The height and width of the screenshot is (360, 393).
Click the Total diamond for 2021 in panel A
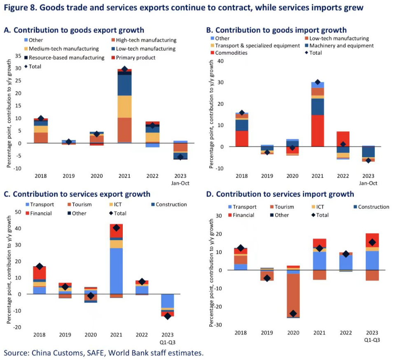124,69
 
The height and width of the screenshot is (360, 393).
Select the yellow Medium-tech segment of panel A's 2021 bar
124,106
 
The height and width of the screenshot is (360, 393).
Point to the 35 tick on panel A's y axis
18,56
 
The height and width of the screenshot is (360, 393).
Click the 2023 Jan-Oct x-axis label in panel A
180,179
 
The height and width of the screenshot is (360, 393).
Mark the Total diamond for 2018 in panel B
242,113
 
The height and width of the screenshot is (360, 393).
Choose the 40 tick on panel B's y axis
220,61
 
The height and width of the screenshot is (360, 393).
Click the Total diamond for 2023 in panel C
168,316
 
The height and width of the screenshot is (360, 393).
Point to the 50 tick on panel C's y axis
18,212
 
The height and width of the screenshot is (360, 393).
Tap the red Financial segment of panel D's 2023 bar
372,240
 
